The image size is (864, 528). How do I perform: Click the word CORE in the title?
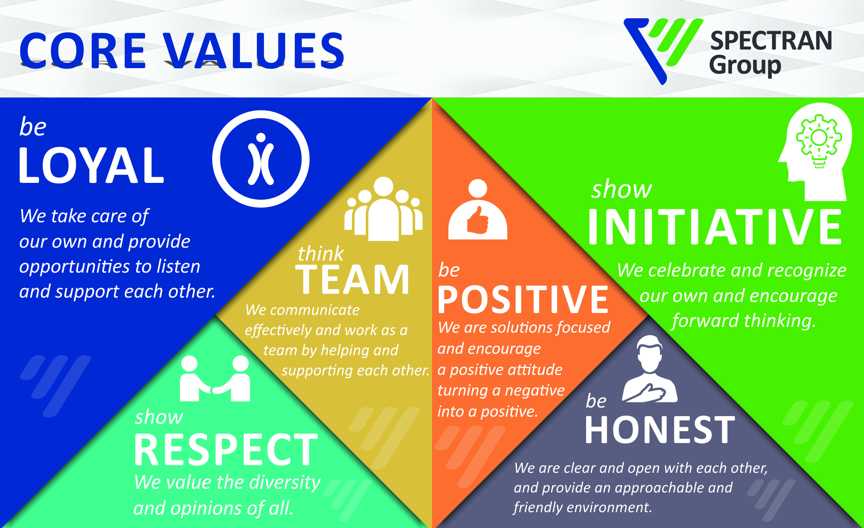click(x=83, y=50)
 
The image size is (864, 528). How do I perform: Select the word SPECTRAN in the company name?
click(x=771, y=41)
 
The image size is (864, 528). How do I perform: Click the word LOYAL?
click(x=91, y=166)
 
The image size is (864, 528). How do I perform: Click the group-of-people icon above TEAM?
click(x=384, y=209)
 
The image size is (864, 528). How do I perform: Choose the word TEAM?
click(x=353, y=279)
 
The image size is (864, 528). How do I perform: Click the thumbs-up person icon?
click(x=478, y=210)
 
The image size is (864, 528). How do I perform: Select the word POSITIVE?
click(x=523, y=300)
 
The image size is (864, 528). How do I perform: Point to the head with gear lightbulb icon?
click(x=815, y=152)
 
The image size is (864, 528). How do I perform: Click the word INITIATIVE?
click(x=715, y=227)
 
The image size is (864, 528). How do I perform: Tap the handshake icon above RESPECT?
click(x=215, y=378)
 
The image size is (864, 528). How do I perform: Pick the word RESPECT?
click(x=226, y=450)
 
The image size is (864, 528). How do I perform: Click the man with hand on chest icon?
click(x=649, y=369)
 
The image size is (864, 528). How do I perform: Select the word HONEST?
click(x=660, y=430)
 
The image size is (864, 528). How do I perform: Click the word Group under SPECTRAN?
click(x=745, y=65)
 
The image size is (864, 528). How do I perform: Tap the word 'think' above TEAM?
click(x=321, y=253)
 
